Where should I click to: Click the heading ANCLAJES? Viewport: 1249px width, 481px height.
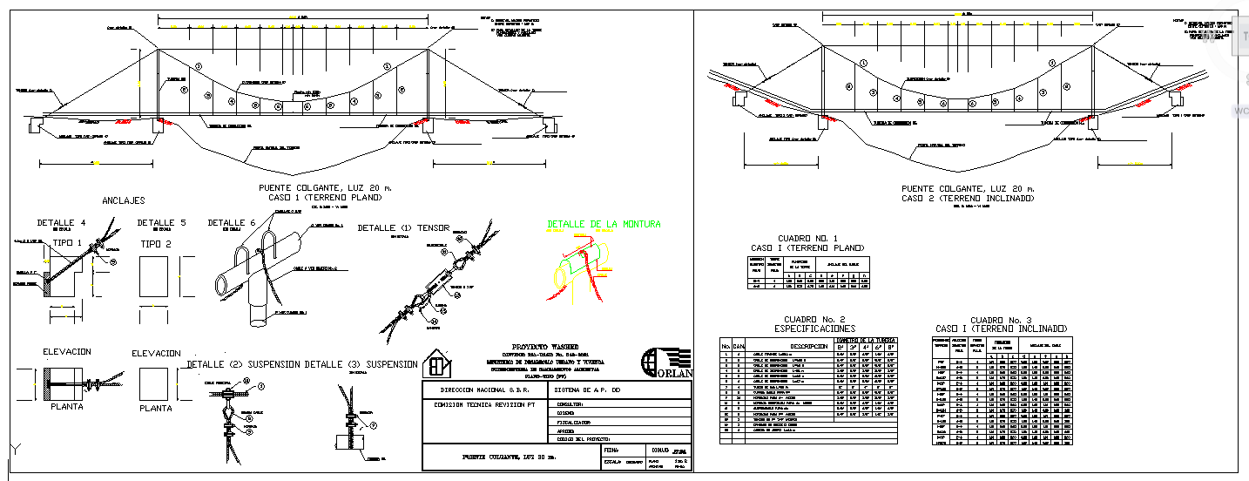coord(124,200)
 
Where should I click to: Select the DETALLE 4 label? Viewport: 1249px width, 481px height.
coord(61,223)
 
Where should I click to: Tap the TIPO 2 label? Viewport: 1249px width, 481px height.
coord(156,243)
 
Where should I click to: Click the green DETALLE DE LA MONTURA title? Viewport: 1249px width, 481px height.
coord(604,224)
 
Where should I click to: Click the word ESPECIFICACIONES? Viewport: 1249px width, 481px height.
coord(815,329)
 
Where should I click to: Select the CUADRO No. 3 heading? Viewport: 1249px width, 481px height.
coord(1000,320)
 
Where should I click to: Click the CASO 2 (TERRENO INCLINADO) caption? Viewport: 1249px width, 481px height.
coord(968,198)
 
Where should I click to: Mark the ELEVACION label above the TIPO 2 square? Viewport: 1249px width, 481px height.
coord(156,354)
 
